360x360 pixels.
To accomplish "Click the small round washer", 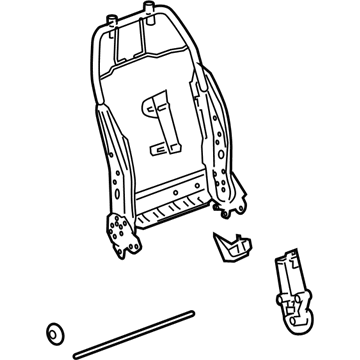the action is (55, 334).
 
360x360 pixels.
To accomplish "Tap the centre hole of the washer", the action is (55, 334).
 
